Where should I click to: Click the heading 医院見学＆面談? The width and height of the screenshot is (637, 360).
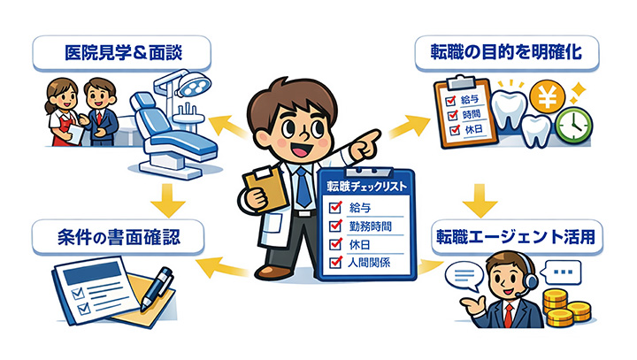tap(123, 53)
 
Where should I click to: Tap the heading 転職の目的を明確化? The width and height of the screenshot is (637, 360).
tap(506, 52)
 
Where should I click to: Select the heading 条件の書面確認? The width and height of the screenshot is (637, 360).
tap(119, 237)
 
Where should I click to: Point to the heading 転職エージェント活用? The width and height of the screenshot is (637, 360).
tap(516, 237)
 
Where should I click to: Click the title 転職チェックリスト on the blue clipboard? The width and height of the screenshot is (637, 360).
tap(367, 187)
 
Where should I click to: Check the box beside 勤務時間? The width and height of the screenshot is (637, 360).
tap(335, 225)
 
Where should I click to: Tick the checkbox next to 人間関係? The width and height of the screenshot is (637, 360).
tap(335, 262)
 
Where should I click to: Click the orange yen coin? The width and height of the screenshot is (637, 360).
tap(548, 96)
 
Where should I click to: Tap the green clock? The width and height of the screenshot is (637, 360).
tap(574, 125)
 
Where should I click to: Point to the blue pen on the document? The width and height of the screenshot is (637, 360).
tap(157, 288)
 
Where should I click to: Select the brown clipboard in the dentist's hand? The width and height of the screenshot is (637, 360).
tap(265, 189)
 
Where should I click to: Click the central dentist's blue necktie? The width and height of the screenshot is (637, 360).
tap(303, 187)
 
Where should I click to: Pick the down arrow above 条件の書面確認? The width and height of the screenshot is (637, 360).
tap(168, 201)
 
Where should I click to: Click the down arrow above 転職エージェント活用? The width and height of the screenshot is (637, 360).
tap(480, 201)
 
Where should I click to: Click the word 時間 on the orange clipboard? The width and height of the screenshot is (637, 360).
tap(472, 115)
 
